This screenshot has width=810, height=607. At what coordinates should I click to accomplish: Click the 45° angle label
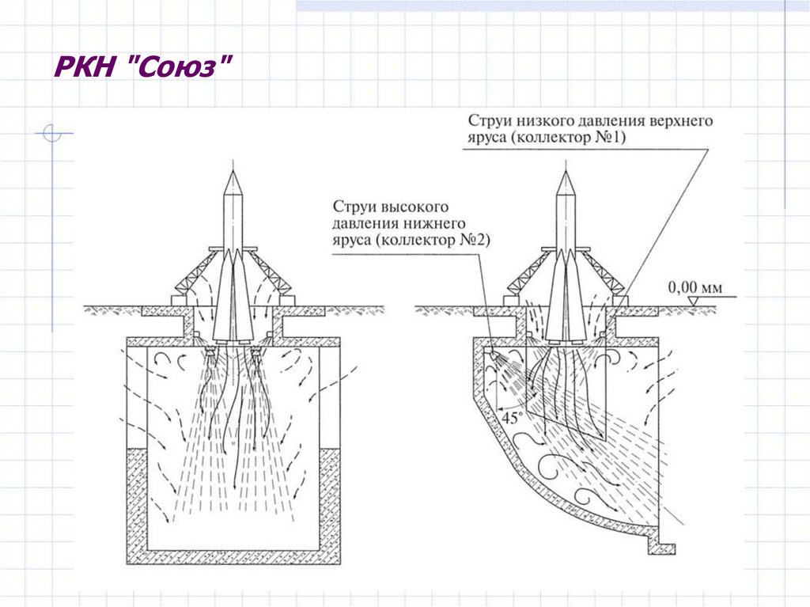514,417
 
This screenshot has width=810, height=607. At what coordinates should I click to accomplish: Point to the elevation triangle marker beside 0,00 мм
691,302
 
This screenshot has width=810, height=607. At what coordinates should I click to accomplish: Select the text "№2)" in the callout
473,241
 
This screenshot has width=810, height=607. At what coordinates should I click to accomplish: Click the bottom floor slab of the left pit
233,556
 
